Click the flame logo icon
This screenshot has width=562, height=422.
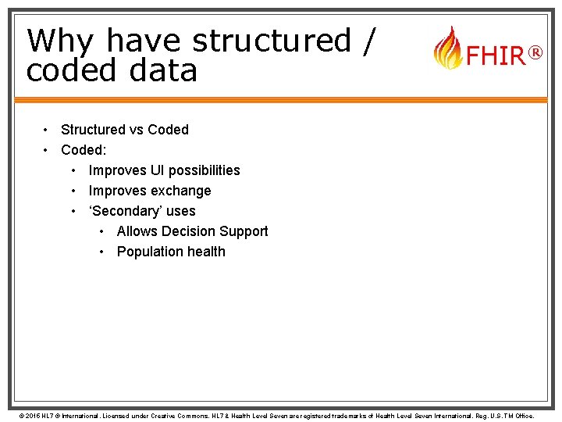[447, 48]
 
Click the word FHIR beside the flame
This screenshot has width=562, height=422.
[495, 56]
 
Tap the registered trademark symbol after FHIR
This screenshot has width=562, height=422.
[535, 53]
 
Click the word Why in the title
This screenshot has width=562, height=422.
[62, 41]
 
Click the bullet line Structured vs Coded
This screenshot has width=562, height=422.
[125, 130]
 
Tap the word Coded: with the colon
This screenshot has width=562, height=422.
[84, 150]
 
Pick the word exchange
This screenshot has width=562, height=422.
[181, 191]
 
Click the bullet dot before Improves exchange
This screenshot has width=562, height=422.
[73, 191]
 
